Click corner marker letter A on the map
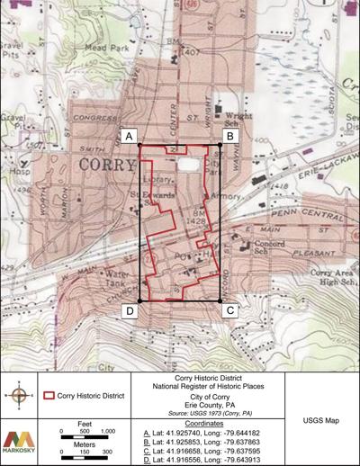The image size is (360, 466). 130,136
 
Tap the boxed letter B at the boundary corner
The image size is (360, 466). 229,136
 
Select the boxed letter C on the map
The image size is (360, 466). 230,310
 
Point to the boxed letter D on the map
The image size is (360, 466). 130,310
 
